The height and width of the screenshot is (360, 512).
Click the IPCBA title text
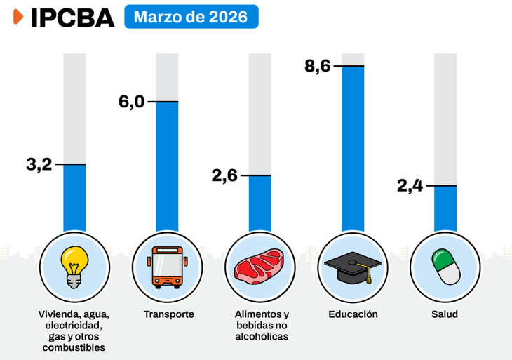(x=72, y=18)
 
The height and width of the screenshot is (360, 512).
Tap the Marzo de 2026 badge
(x=191, y=17)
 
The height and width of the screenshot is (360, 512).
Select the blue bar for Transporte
(x=167, y=165)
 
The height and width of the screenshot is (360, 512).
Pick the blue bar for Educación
(x=353, y=147)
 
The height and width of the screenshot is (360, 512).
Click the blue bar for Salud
(x=445, y=208)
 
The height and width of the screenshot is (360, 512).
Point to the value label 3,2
(x=39, y=165)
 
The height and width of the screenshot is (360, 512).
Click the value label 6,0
(x=131, y=102)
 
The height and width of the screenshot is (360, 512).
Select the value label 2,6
(x=225, y=175)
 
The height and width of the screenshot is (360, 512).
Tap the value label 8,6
(x=317, y=67)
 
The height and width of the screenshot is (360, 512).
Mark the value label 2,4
(x=410, y=186)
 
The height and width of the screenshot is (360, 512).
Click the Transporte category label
(x=168, y=314)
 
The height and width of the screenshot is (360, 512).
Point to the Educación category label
(x=353, y=314)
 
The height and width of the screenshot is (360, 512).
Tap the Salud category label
(x=445, y=314)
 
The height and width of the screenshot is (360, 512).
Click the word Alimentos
(x=255, y=314)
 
